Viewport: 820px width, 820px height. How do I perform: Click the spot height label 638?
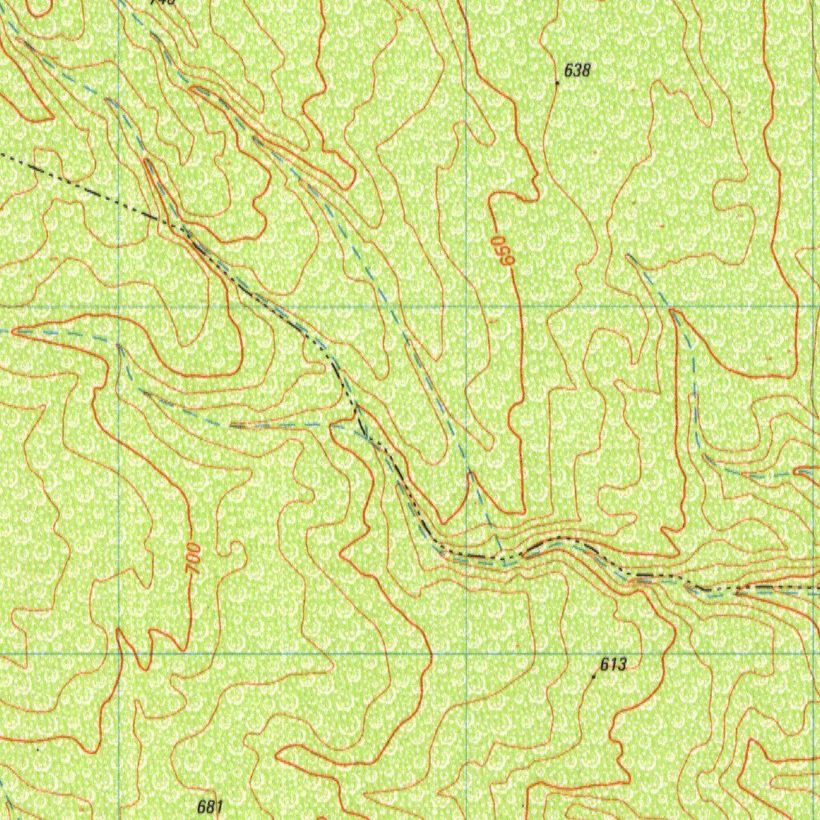pos(577,71)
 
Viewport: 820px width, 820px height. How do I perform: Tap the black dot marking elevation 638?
pos(557,82)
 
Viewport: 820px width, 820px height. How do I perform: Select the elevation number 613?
pos(613,665)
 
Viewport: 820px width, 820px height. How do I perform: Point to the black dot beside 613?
pos(593,677)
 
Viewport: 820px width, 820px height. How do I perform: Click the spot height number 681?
pos(209,806)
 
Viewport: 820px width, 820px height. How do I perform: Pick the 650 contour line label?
pos(502,254)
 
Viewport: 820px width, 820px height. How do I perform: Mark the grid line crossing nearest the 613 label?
pos(468,653)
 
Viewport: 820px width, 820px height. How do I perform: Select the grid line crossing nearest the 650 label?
pos(468,307)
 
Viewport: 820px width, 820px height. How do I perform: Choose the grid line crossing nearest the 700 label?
pos(119,653)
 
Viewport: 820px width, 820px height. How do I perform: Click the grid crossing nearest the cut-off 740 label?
pos(119,0)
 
